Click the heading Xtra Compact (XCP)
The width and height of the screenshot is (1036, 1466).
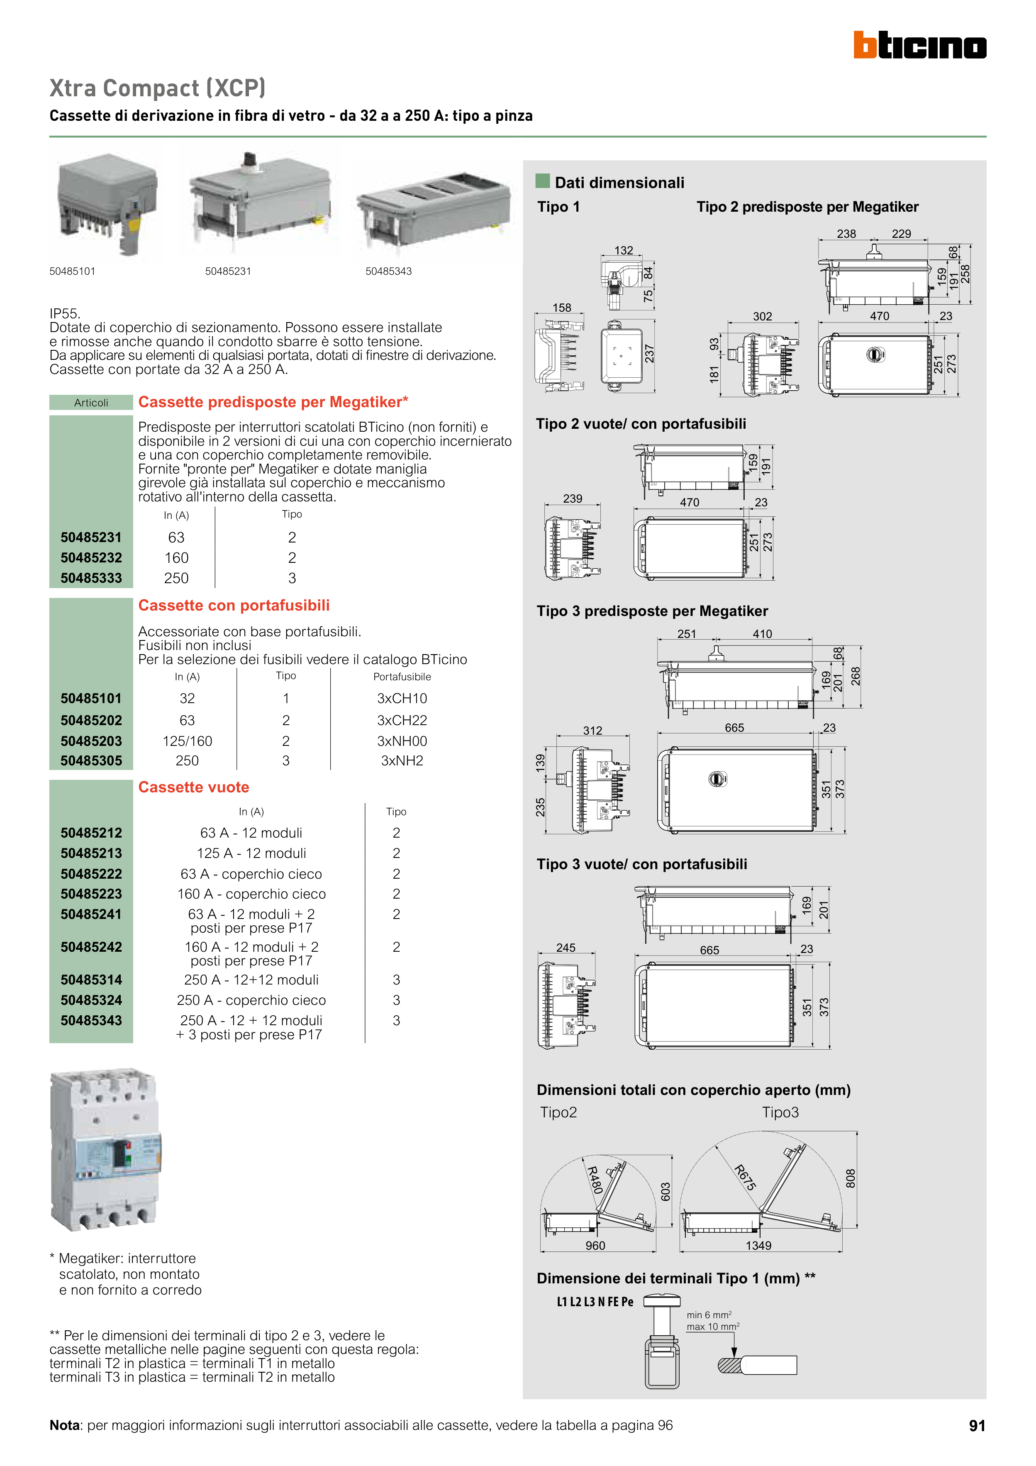coord(157,88)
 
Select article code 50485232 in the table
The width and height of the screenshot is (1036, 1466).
coord(91,558)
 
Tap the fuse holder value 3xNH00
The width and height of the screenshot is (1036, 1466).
coord(402,741)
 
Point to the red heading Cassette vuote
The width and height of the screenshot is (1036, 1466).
coord(193,787)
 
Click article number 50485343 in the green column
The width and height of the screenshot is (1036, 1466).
coord(91,1020)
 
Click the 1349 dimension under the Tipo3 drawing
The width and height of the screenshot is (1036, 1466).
coord(758,1246)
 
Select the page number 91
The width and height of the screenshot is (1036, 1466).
coord(977,1426)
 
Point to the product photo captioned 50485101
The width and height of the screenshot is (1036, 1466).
coord(106,203)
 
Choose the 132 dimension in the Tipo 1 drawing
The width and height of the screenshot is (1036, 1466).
coord(624,250)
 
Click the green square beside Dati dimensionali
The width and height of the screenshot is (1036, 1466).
coord(543,181)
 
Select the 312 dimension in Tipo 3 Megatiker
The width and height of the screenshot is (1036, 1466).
coord(592,731)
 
